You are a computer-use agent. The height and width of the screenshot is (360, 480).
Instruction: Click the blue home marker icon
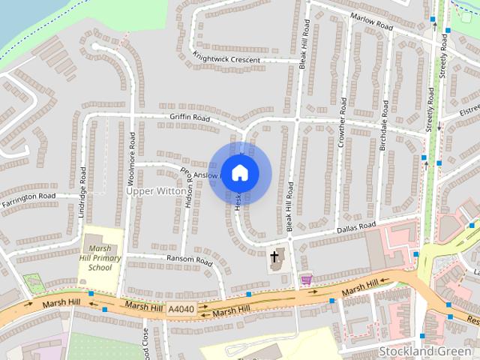(x=239, y=172)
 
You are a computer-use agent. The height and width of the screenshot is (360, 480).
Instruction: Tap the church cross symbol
(x=274, y=257)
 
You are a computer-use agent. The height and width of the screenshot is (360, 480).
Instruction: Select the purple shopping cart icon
(x=305, y=279)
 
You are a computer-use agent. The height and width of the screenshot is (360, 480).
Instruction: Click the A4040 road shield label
(x=181, y=309)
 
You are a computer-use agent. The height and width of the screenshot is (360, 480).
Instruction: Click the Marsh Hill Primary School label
(x=100, y=257)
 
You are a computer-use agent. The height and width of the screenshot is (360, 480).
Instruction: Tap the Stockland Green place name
(x=424, y=351)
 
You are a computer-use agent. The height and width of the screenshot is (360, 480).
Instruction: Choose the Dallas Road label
(x=355, y=226)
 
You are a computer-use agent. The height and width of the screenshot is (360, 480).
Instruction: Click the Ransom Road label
(x=189, y=260)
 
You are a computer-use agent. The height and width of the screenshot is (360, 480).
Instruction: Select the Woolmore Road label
(x=132, y=157)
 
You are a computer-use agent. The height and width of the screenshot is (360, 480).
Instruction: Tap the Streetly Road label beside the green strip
(x=430, y=111)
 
